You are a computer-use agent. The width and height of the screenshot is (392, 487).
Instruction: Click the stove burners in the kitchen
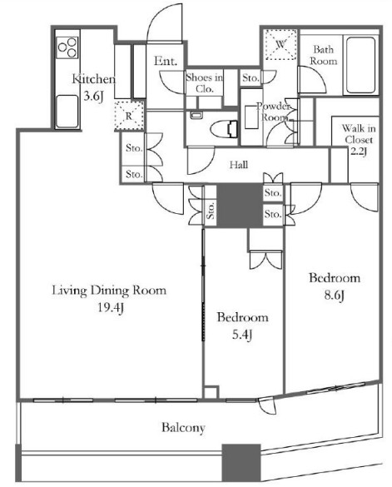pos(67,47)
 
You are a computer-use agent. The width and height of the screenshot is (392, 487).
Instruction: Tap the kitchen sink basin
pos(67,111)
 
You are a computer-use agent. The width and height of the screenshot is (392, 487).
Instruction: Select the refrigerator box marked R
pos(129,116)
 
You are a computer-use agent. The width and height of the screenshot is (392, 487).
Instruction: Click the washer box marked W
pos(280,44)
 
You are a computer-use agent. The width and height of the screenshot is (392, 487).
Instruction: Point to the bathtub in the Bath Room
pos(360,65)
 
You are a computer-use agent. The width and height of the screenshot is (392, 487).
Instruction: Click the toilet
pos(224,128)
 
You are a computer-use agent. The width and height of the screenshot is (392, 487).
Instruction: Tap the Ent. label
pos(166,61)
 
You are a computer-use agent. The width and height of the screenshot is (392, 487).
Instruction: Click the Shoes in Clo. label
pos(205,83)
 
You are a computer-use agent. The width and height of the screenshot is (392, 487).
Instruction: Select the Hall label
pos(239,164)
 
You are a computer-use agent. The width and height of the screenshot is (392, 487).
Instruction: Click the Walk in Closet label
pos(359,140)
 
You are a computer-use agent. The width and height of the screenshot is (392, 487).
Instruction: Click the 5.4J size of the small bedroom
pos(242,335)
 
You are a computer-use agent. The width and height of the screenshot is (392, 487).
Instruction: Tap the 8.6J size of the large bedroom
pos(335,296)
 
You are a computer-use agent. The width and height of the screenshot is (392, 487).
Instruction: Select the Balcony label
pos(183,428)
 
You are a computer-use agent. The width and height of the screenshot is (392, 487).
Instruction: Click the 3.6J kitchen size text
pos(93,97)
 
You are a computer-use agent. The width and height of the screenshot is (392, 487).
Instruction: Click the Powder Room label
pos(273,112)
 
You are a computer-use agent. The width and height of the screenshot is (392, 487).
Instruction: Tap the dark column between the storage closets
pos(240,206)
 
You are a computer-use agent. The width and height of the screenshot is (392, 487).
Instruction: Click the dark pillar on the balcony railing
pos(241,463)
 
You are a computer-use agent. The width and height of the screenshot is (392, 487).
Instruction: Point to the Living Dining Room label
pos(109,291)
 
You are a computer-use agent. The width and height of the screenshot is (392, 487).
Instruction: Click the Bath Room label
pos(324,55)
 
